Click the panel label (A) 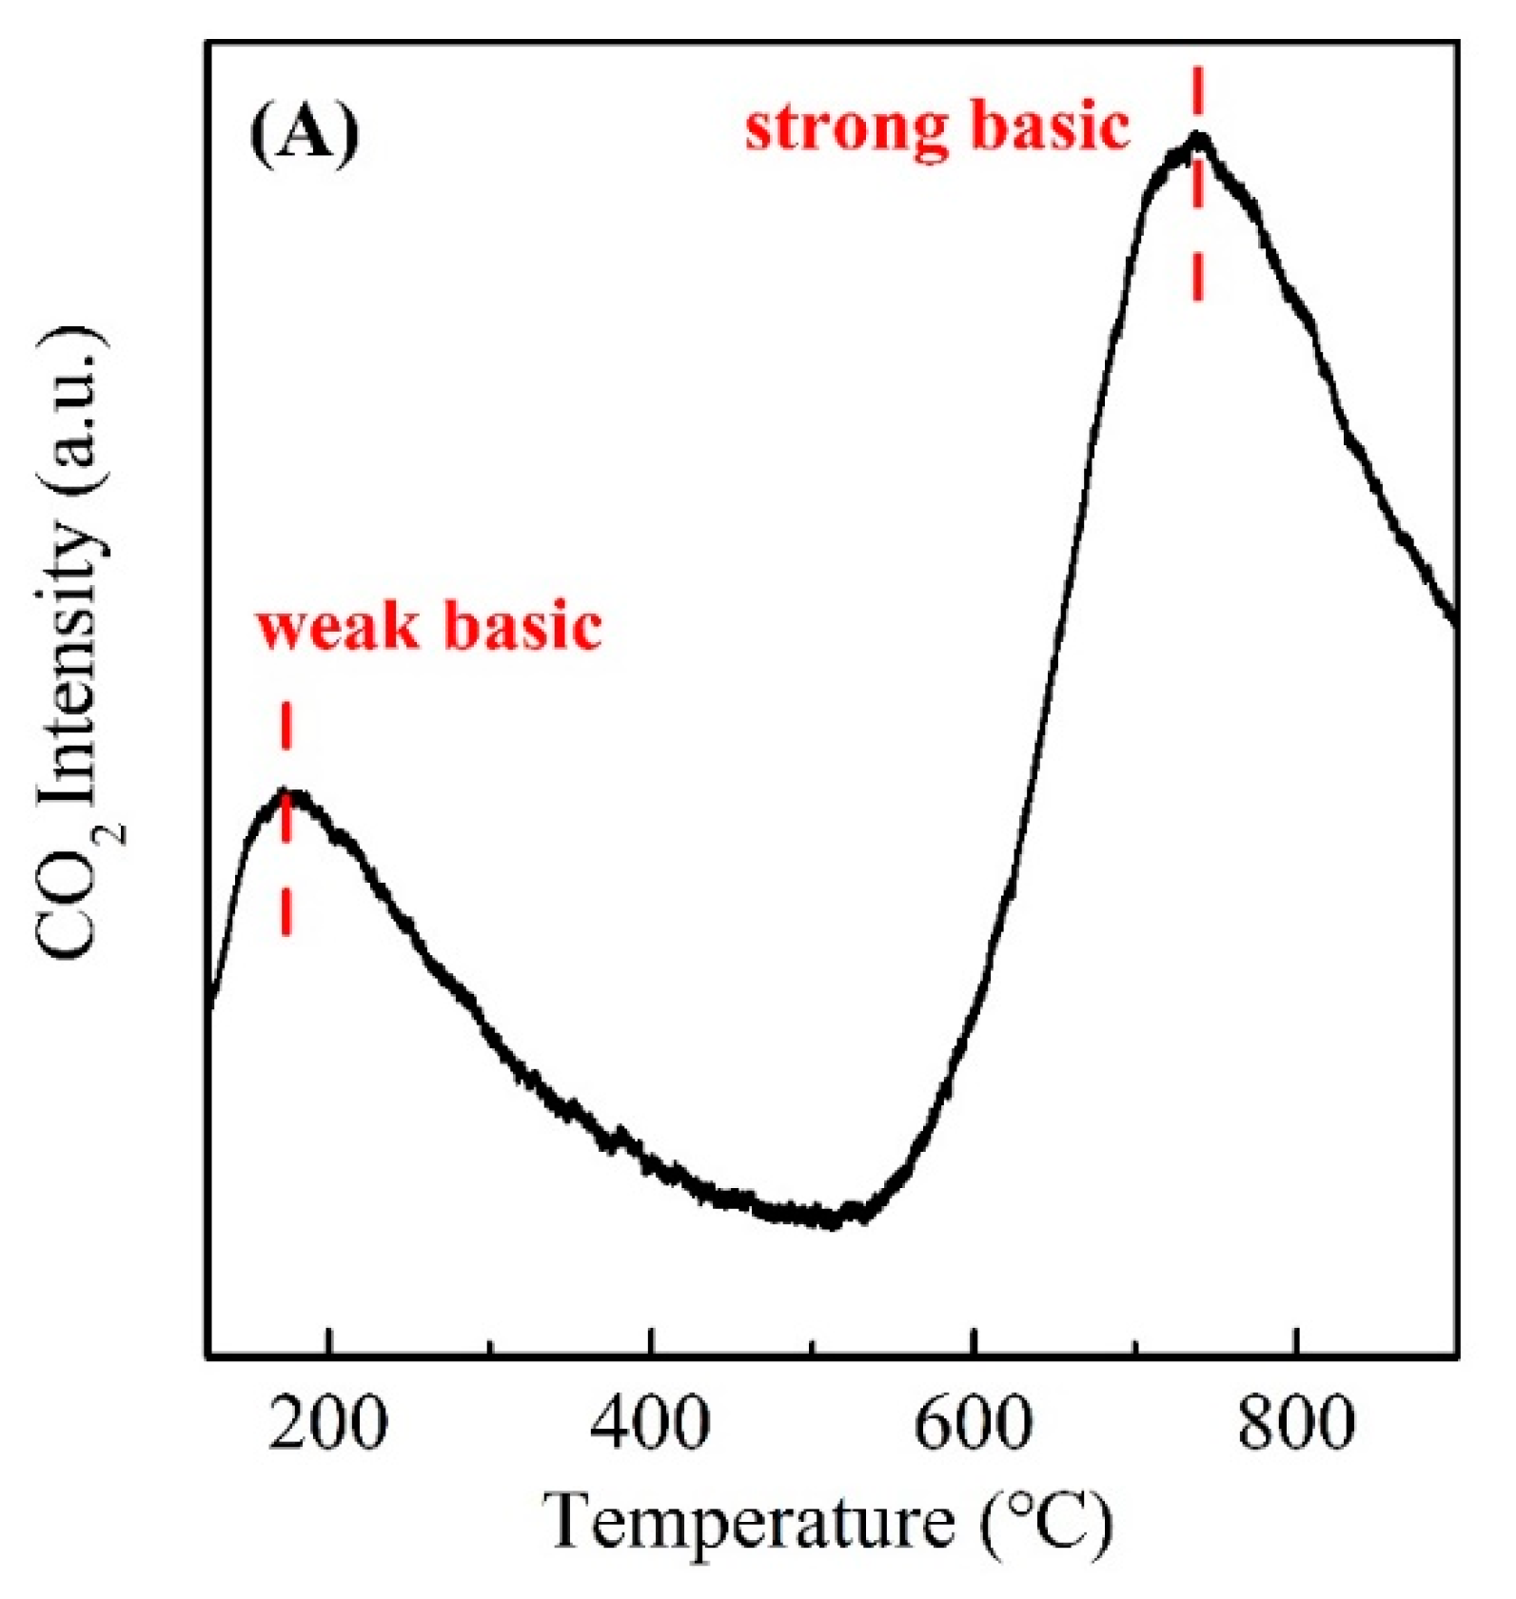305,134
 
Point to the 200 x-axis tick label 327,1425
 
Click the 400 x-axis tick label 650,1425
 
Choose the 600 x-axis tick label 973,1425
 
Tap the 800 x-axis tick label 1295,1425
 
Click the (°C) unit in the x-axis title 1046,1521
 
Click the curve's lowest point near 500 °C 830,1219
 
